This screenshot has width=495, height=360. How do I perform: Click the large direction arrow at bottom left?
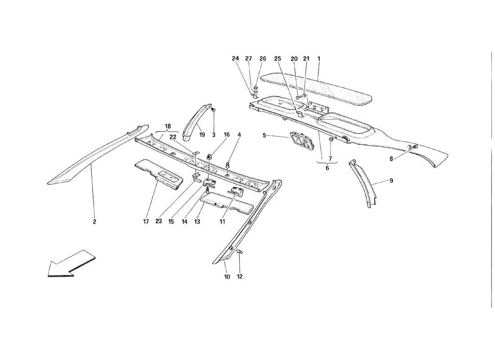71,264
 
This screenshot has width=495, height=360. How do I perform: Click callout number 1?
319,59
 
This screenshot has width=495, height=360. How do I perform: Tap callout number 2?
94,222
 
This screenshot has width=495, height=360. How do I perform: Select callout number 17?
146,222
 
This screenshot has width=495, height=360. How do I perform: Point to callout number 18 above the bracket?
168,126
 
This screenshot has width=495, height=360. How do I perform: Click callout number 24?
235,59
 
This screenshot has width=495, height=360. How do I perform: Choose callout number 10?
227,277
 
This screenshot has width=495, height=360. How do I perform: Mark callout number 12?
239,277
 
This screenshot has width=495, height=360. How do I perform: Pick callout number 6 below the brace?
327,168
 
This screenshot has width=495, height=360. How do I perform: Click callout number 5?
264,135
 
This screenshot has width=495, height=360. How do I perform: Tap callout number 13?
197,222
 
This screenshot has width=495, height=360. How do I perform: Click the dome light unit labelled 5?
302,140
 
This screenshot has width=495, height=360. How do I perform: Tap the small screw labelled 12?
239,252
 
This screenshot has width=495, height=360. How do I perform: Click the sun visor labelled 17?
159,175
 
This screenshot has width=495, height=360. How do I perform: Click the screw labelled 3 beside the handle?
213,110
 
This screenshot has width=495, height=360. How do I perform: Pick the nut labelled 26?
256,87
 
